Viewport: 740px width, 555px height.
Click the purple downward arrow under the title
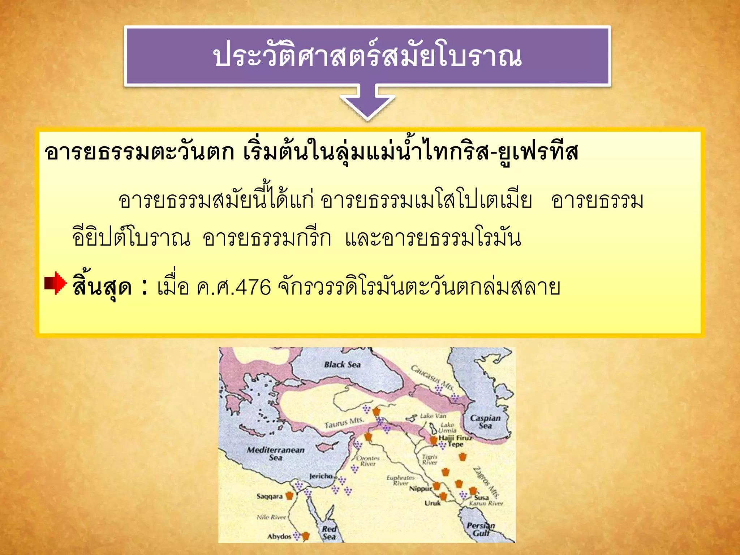367,103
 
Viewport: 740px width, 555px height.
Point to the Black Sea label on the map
342,365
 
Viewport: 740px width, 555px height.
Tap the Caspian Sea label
485,422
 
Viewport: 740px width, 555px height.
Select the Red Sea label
329,533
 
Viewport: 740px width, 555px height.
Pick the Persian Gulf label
481,529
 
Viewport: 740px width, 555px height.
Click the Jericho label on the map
320,476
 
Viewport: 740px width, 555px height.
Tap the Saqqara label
270,496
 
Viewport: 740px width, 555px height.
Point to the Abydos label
279,536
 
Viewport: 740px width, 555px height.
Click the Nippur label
420,489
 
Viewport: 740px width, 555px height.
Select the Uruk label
433,503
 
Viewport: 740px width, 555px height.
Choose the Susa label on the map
481,498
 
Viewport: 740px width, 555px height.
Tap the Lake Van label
433,416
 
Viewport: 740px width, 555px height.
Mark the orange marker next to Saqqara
289,496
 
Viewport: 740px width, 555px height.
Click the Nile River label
271,517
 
